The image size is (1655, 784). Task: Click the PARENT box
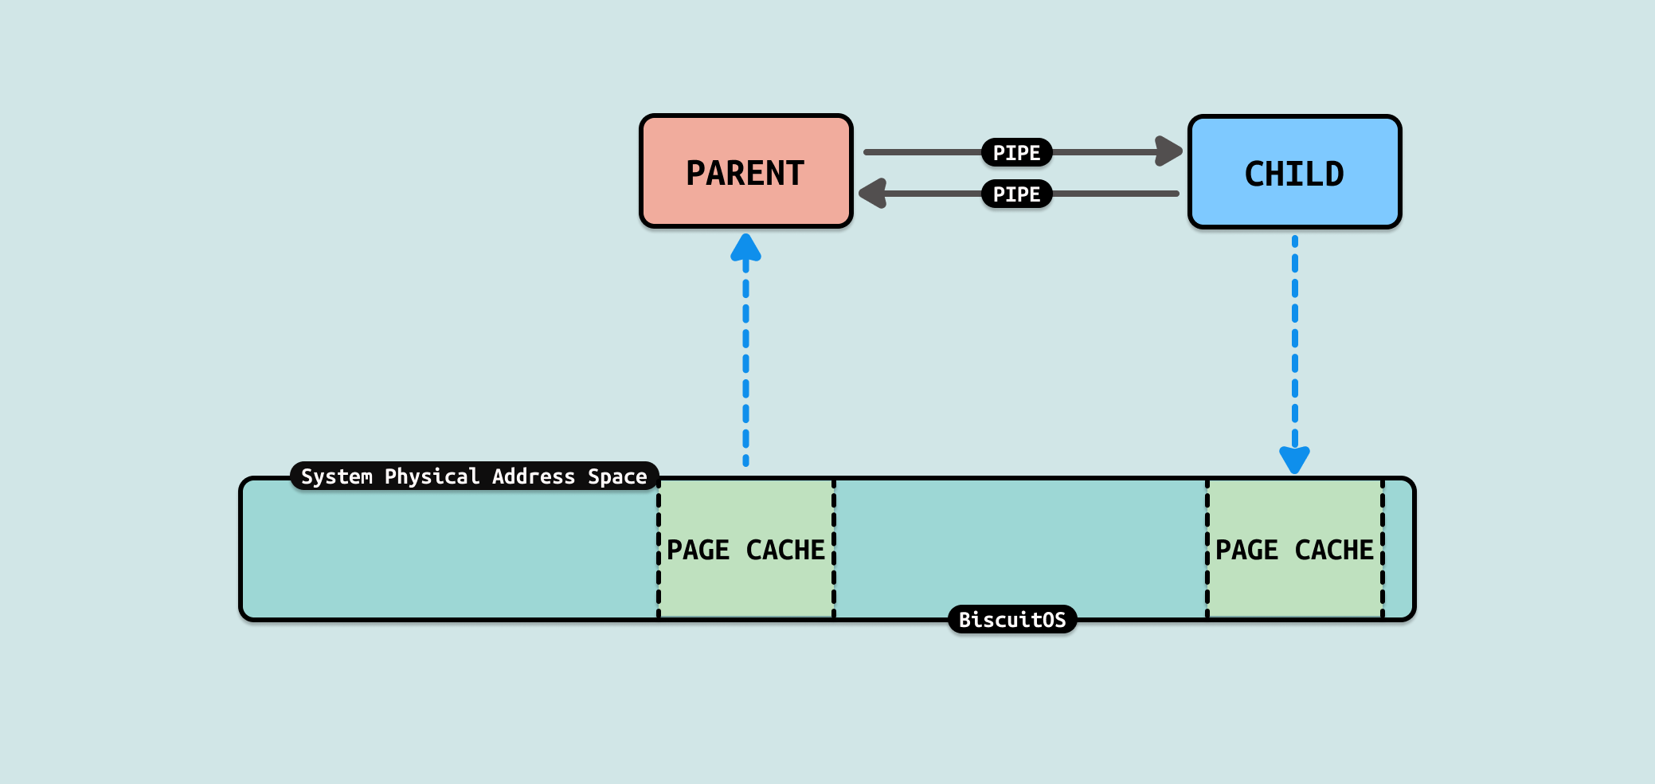click(746, 171)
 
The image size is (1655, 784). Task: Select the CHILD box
click(1294, 172)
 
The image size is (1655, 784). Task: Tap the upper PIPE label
click(1016, 152)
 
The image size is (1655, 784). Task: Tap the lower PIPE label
click(1016, 194)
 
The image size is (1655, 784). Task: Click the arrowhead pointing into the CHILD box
click(1168, 151)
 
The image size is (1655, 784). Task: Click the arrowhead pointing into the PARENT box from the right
click(874, 194)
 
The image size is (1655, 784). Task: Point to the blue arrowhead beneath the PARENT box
click(745, 248)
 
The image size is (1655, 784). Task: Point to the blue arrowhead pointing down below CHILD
click(1294, 459)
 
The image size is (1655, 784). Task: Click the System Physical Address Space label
click(474, 476)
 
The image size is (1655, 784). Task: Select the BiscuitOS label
click(1012, 620)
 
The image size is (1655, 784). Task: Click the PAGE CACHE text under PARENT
click(745, 550)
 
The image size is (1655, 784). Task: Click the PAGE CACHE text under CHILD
click(1294, 550)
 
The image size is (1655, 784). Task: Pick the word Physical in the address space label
click(432, 476)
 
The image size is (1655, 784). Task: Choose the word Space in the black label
click(617, 476)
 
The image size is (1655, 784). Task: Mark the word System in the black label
click(336, 476)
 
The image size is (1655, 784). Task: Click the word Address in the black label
click(533, 476)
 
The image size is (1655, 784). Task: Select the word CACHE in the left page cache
click(785, 550)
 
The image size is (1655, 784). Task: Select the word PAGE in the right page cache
click(1246, 550)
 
